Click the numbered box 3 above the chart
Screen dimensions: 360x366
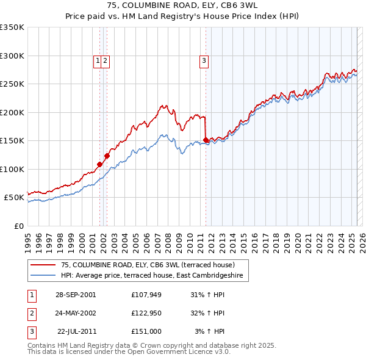[203, 60]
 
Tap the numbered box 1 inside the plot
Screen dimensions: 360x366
[98, 60]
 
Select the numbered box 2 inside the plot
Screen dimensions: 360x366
[106, 60]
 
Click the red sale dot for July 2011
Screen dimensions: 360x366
[206, 140]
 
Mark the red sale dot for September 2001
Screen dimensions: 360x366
[99, 164]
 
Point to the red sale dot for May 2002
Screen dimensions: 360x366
[107, 156]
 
